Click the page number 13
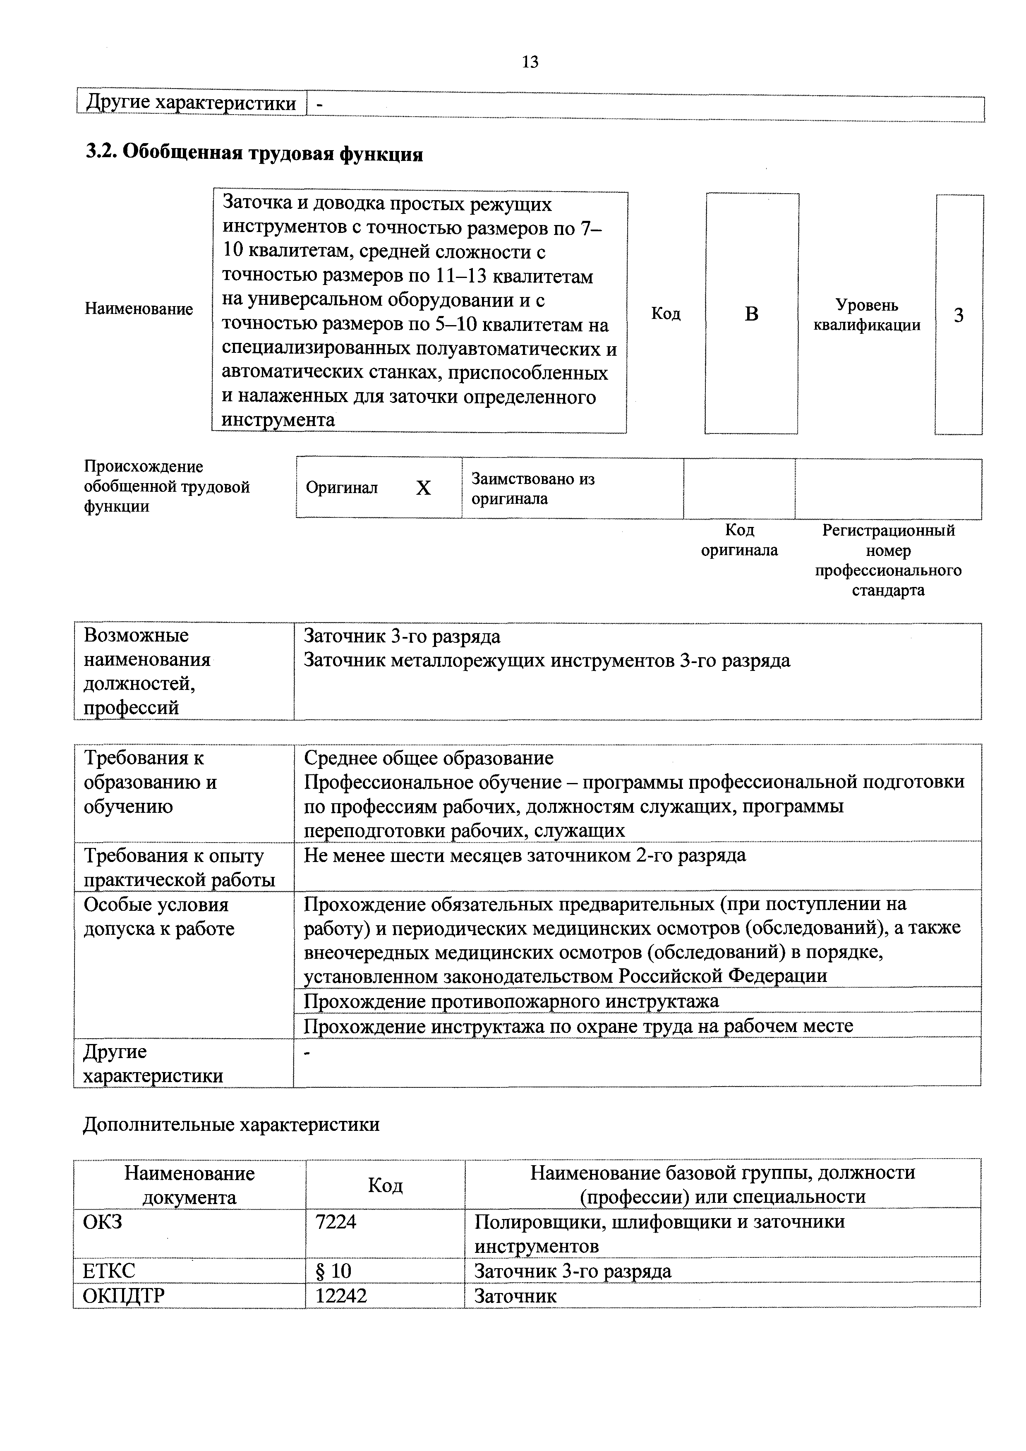pos(530,62)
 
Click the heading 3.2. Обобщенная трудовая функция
pos(254,153)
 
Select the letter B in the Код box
pos(751,314)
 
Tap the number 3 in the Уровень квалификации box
pos(959,315)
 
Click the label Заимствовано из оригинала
pos(532,488)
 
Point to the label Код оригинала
pos(739,540)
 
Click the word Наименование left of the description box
pos(139,309)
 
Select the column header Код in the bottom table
pos(385,1185)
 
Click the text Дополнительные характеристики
pos(231,1124)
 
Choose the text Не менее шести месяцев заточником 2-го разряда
pos(524,855)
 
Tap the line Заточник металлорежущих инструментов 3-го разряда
pos(547,661)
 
